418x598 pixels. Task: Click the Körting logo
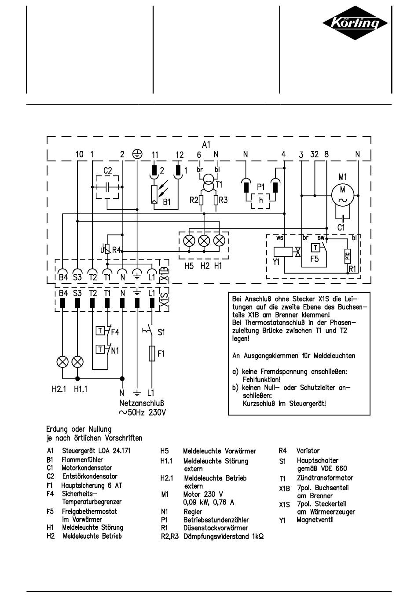tap(355, 23)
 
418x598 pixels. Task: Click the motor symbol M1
tap(343, 195)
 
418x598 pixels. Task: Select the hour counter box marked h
tap(260, 201)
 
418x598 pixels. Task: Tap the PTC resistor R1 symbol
tap(348, 256)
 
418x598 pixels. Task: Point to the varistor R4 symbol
tap(107, 250)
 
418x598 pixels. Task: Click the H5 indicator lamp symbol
tap(189, 241)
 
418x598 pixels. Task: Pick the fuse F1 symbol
tap(152, 354)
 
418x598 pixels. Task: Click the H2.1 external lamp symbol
tap(62, 362)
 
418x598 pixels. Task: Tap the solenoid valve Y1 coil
tap(283, 252)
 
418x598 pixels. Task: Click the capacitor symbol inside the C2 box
tap(107, 187)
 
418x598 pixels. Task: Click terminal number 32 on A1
tap(314, 154)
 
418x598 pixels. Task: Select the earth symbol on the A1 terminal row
tap(137, 154)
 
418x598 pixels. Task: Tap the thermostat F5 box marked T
tap(315, 248)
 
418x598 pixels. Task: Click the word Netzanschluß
tap(142, 403)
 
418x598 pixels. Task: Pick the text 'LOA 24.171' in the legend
tap(114, 451)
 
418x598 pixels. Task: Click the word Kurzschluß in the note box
tap(259, 403)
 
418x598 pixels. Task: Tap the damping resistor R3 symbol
tap(216, 200)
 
